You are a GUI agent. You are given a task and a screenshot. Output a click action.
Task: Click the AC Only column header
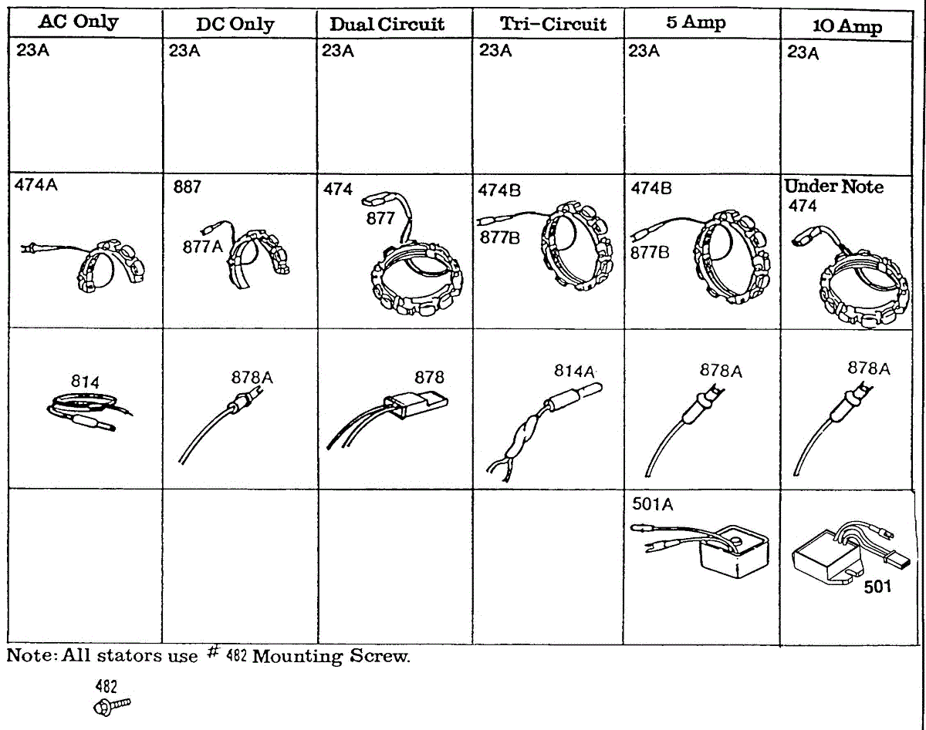78,22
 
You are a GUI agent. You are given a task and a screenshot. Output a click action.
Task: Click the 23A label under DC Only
184,51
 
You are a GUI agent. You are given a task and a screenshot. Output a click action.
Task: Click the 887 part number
187,187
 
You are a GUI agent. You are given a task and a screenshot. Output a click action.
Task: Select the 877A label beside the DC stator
202,247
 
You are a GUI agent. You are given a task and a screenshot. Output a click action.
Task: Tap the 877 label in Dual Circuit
380,218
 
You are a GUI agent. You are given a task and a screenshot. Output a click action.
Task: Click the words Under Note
833,187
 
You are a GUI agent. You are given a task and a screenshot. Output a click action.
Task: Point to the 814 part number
85,380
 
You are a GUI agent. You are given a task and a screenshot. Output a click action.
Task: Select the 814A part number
574,371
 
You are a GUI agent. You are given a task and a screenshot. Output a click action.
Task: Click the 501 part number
877,587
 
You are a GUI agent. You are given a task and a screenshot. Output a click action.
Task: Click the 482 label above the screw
106,686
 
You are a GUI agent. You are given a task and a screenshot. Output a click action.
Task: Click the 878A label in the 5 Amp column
721,371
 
